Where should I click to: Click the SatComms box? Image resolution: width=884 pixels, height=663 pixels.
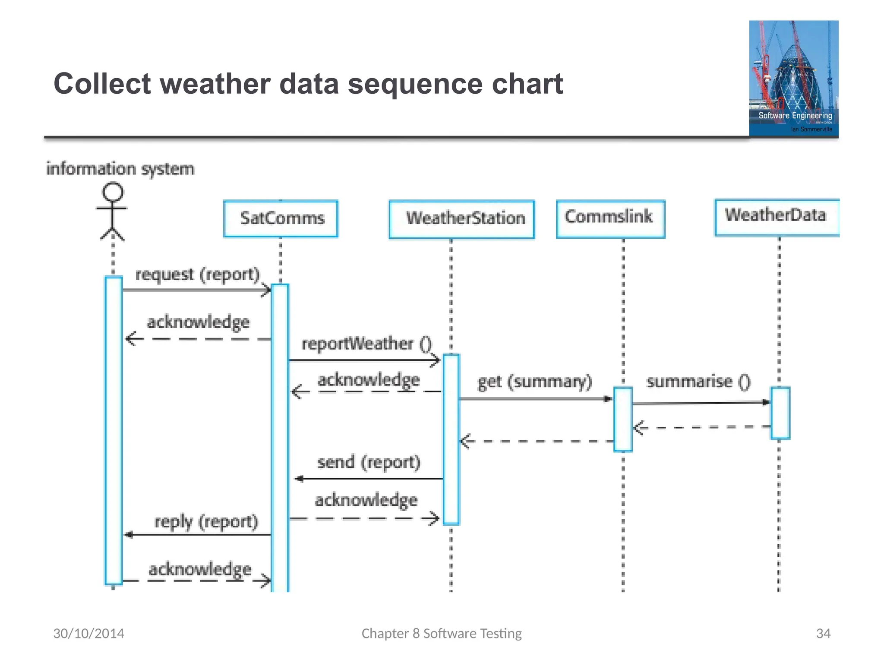click(281, 218)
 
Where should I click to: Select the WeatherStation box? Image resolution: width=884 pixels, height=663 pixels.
click(461, 219)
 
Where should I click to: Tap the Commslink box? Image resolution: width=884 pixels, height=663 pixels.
click(610, 218)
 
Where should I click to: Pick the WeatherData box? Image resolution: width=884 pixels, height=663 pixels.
click(776, 217)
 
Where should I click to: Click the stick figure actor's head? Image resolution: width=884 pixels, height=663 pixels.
click(113, 192)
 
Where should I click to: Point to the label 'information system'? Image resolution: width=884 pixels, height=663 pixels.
click(120, 169)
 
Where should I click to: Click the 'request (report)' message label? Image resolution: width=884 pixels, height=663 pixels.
click(197, 275)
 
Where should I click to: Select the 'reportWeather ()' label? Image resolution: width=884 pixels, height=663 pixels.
click(366, 344)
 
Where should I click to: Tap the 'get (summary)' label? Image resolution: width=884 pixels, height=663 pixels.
click(534, 382)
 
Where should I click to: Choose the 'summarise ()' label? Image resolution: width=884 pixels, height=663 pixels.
click(698, 382)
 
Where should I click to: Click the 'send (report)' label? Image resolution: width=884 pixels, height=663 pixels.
click(369, 462)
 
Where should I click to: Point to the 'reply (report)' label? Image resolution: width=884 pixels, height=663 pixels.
click(206, 522)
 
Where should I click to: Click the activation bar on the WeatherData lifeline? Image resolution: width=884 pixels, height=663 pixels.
click(780, 413)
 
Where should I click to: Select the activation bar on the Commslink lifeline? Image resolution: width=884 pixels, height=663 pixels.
click(623, 419)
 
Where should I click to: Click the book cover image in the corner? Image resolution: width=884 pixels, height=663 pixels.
click(793, 79)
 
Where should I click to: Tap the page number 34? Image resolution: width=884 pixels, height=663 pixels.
click(823, 633)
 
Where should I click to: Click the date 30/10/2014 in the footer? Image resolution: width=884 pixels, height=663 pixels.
click(88, 633)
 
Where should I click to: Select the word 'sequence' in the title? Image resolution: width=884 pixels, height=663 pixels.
click(415, 84)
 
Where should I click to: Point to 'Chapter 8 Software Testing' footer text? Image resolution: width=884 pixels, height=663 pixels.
click(441, 633)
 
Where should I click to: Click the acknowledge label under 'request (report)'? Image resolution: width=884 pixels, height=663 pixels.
click(198, 322)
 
